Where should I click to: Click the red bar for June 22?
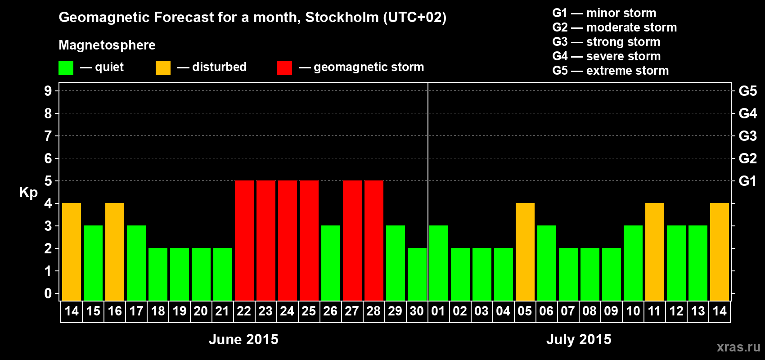coord(244,240)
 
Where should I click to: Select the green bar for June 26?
coord(331,263)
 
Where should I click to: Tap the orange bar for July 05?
coord(525,252)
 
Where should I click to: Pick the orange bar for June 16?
coord(115,252)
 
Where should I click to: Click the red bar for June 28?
coord(374,240)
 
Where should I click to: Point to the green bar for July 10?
coord(633,263)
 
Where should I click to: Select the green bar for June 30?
coord(417,274)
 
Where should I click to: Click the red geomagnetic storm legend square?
coord(284,68)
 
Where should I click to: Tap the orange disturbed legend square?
coord(163,68)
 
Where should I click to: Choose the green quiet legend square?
coord(66,68)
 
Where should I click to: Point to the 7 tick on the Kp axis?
coord(48,136)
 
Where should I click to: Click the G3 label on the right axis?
coord(747,136)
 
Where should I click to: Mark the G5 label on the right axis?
coord(747,91)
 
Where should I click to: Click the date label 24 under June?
coord(287,311)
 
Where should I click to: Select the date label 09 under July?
coord(611,311)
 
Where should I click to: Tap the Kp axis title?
coord(28,193)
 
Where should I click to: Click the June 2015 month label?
coord(243,339)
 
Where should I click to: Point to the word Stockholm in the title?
coord(342,18)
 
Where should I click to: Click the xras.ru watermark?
coord(738,346)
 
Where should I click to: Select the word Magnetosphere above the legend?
coord(107,45)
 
